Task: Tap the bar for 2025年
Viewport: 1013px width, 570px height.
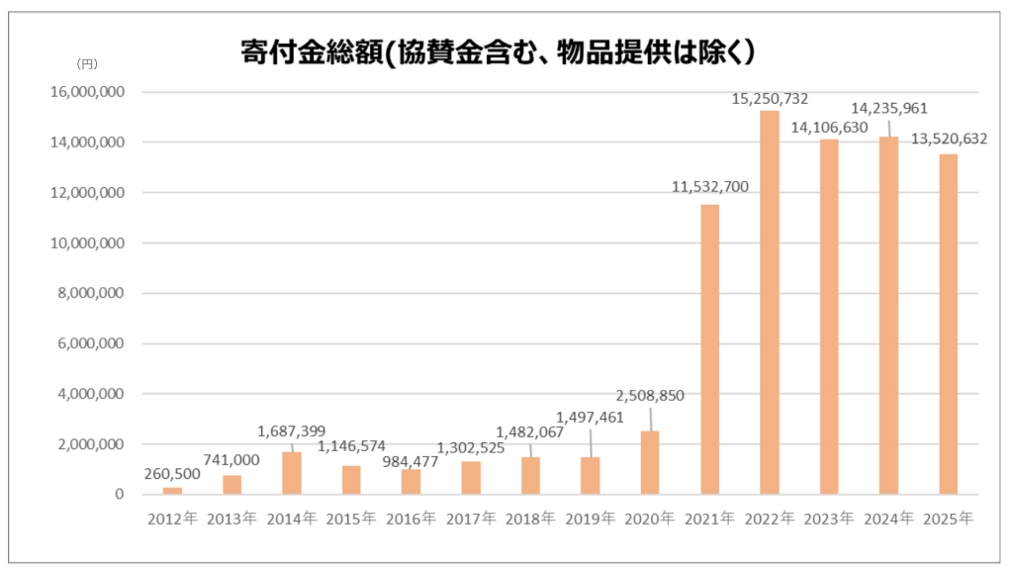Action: point(948,324)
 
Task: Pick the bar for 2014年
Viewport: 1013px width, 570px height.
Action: point(292,473)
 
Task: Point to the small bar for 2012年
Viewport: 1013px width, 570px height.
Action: point(172,490)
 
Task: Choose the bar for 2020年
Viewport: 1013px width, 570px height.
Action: point(650,462)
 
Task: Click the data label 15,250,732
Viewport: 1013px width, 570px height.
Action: point(770,99)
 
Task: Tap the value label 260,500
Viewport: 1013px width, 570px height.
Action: point(172,474)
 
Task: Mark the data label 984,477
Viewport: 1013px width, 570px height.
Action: point(410,461)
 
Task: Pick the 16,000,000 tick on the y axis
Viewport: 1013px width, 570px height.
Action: point(88,92)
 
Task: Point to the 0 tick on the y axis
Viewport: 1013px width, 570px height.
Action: point(119,494)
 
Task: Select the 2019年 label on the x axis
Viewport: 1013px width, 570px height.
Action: point(590,518)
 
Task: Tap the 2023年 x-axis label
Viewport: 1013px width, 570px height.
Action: point(829,518)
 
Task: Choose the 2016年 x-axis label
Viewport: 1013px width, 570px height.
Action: point(411,518)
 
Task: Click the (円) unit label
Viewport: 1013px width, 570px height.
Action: point(87,63)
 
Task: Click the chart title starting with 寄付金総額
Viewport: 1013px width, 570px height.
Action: point(505,50)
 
